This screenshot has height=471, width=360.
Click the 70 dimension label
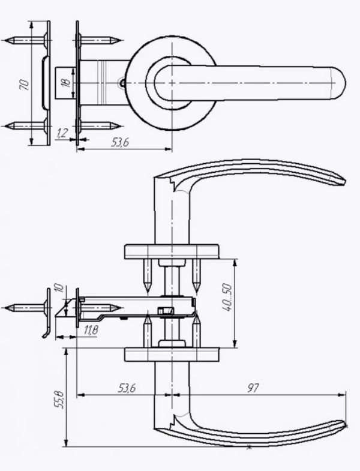pyautogui.click(x=25, y=85)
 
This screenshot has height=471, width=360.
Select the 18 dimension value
pyautogui.click(x=66, y=82)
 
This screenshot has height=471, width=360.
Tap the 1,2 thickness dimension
pyautogui.click(x=62, y=133)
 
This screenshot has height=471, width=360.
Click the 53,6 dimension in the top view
pyautogui.click(x=120, y=142)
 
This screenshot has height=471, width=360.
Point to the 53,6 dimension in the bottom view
pyautogui.click(x=127, y=388)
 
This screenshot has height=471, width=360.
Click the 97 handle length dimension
pyautogui.click(x=253, y=388)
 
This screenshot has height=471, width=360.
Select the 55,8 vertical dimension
pyautogui.click(x=59, y=400)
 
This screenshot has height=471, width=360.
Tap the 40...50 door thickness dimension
pyautogui.click(x=227, y=298)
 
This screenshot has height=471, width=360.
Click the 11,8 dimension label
pyautogui.click(x=91, y=331)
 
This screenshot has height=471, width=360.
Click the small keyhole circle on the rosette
pyautogui.click(x=122, y=82)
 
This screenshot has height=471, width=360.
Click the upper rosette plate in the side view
pyautogui.click(x=172, y=252)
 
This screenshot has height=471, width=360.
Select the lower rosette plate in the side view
pyautogui.click(x=172, y=355)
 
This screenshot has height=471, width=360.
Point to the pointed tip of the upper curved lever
pyautogui.click(x=345, y=181)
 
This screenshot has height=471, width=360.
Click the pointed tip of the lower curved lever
pyautogui.click(x=345, y=425)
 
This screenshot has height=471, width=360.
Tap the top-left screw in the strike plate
pyautogui.click(x=26, y=40)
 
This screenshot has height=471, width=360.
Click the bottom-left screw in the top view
pyautogui.click(x=26, y=125)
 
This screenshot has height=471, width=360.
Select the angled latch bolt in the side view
pyautogui.click(x=65, y=308)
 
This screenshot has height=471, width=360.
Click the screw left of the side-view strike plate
pyautogui.click(x=26, y=308)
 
